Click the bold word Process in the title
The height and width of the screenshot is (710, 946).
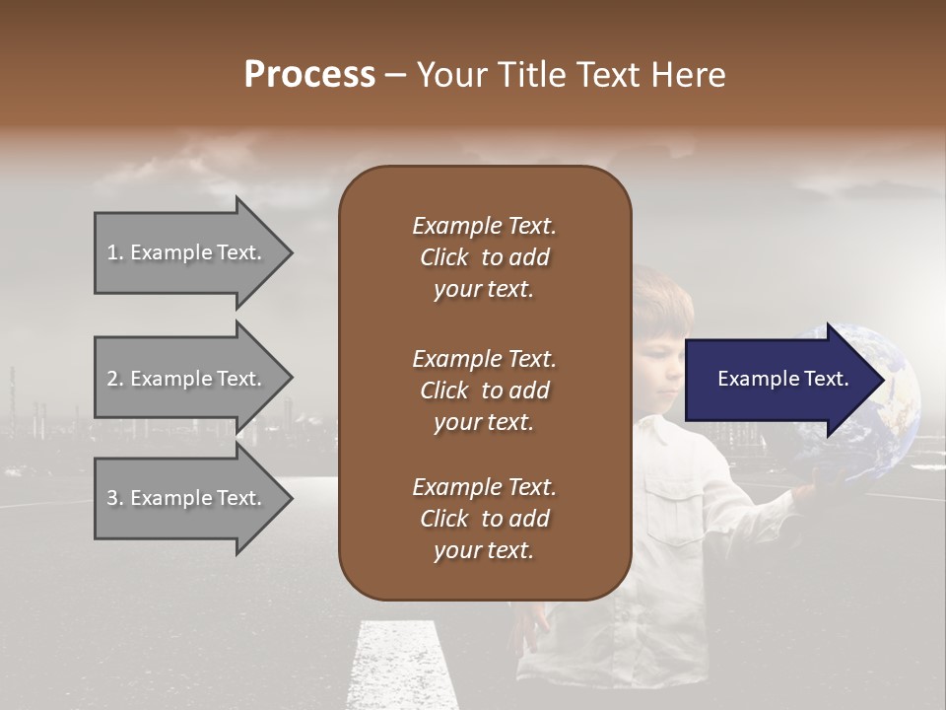[x=309, y=75]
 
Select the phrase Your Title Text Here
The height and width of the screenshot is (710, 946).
[x=571, y=75]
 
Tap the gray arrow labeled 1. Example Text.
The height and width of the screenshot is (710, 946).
[x=187, y=252]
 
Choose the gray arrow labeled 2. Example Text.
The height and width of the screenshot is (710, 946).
[x=187, y=379]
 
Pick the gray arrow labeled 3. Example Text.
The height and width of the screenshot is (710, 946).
[x=187, y=498]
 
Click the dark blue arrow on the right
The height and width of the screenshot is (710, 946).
[x=778, y=380]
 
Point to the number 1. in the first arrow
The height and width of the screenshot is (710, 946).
[x=115, y=252]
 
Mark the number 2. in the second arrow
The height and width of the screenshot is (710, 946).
[x=115, y=379]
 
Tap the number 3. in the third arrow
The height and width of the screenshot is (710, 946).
[x=115, y=498]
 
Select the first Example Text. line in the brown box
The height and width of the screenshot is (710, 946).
[x=484, y=226]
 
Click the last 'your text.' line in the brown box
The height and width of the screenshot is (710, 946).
[x=484, y=551]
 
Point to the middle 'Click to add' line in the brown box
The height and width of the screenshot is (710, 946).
[x=484, y=390]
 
